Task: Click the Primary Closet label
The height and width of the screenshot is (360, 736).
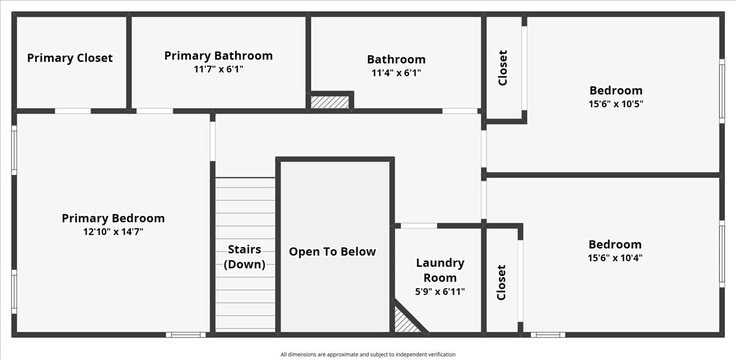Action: (70, 58)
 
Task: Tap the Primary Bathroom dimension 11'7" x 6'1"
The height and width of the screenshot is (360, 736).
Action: (218, 69)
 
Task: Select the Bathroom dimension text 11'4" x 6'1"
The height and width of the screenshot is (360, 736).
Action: (396, 72)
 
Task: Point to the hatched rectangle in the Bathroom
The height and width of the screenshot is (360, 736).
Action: (329, 102)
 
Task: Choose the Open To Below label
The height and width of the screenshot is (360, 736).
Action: (332, 251)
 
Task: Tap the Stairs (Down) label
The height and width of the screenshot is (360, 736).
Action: (245, 257)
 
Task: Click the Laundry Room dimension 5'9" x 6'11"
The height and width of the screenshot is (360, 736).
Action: (440, 292)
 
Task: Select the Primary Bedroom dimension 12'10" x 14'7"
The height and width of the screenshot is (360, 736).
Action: (113, 231)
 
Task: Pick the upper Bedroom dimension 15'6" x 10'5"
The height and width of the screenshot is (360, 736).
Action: (616, 104)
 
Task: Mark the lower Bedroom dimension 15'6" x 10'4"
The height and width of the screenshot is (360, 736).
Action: (615, 258)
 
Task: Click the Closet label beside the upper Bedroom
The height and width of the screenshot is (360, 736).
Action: (503, 67)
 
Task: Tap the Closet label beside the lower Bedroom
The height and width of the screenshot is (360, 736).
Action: (502, 282)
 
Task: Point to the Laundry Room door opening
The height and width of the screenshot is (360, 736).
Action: (419, 226)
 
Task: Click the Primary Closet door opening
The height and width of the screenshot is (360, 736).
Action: (73, 111)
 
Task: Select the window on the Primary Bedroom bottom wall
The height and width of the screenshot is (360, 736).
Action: (186, 335)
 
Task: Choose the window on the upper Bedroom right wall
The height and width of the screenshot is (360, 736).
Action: (722, 91)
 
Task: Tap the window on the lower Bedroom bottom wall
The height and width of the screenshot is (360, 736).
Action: (548, 335)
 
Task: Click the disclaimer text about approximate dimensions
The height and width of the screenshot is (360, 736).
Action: (368, 354)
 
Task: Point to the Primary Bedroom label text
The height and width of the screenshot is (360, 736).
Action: (113, 218)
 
